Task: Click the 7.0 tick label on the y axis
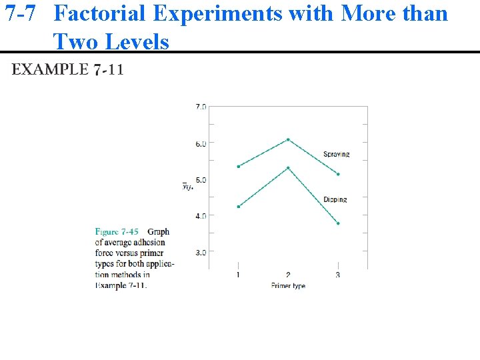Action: coord(200,106)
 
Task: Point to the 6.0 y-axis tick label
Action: coord(200,143)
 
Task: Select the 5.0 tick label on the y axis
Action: coord(200,179)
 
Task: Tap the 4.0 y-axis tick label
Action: coord(200,215)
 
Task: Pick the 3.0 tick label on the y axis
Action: coord(200,252)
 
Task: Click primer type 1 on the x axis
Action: coord(238,275)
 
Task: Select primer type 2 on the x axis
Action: coord(288,275)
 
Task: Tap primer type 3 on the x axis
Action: coord(338,275)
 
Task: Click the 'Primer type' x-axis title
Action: coord(288,285)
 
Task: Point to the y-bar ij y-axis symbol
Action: coord(188,186)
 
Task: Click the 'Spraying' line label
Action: coord(337,155)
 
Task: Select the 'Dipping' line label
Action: coord(335,199)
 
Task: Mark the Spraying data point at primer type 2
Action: coord(288,139)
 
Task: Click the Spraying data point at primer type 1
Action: coord(238,167)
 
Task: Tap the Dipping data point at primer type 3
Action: coord(338,223)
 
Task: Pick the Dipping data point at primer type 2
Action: coord(288,168)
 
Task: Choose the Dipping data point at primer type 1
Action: coord(238,207)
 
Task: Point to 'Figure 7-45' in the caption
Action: coord(117,232)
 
